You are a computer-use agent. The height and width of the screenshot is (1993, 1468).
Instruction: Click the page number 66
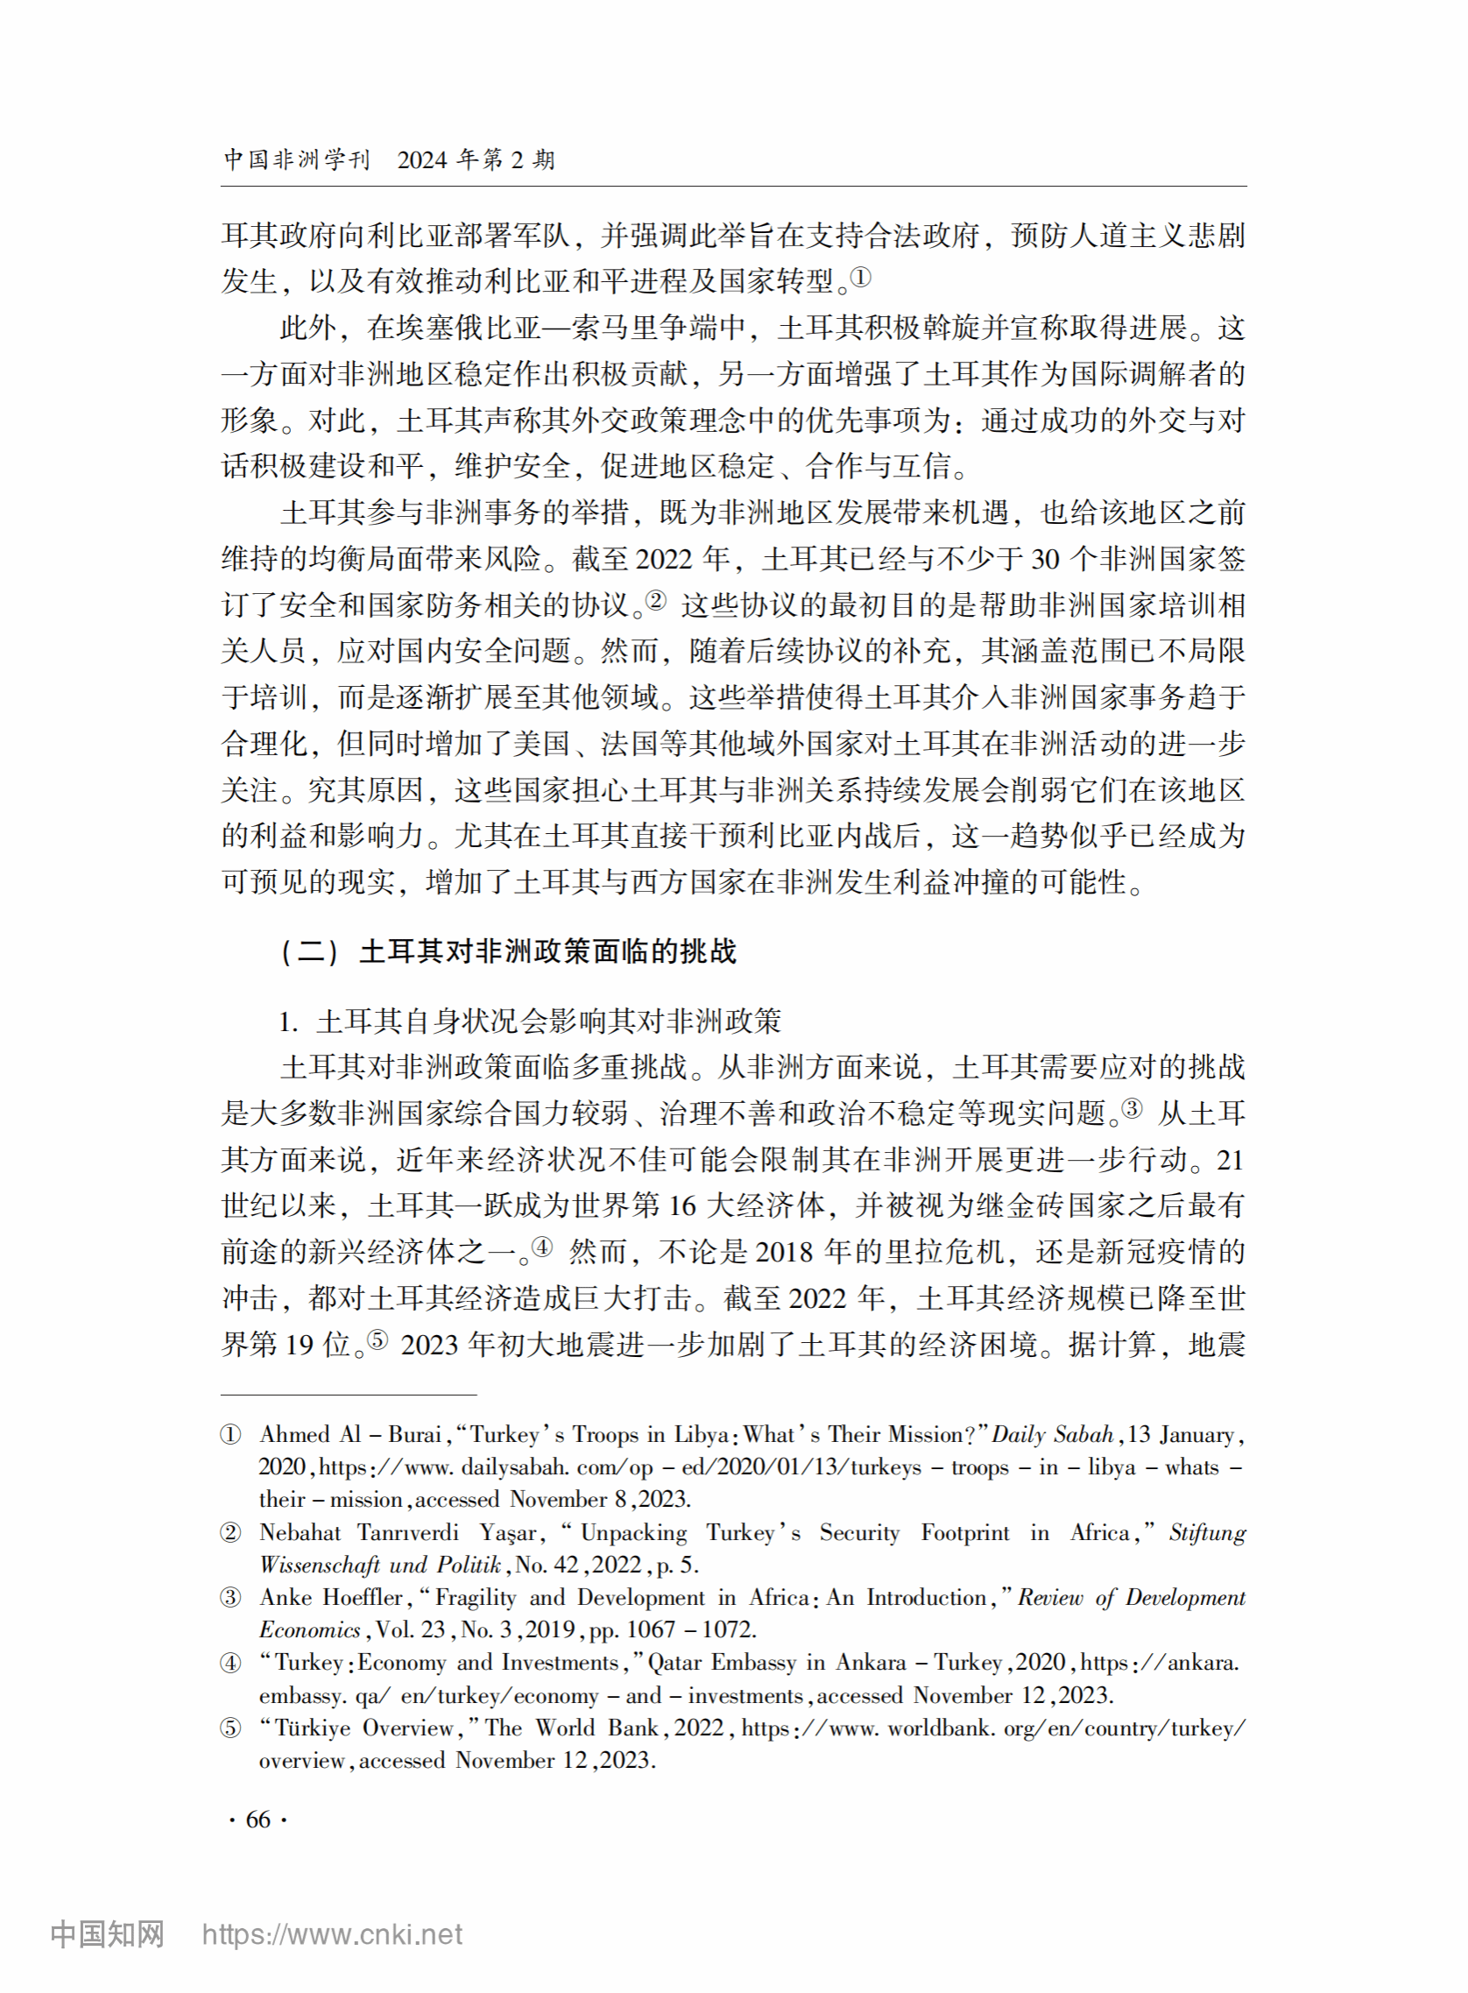(258, 1819)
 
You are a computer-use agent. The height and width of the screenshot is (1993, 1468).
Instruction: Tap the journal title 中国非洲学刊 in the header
(296, 160)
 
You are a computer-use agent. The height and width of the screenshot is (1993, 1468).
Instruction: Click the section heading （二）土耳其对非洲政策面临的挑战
(508, 951)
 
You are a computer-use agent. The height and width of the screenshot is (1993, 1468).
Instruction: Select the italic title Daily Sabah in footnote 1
(1052, 1434)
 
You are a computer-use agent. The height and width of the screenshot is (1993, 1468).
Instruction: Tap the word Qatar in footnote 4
(676, 1662)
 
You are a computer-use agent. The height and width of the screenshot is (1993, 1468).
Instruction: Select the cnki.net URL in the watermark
(332, 1933)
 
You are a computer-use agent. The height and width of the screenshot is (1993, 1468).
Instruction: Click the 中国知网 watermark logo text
(108, 1933)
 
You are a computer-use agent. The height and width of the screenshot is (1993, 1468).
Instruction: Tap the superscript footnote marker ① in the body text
(860, 278)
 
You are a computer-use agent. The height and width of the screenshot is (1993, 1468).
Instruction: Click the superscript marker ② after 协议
(656, 601)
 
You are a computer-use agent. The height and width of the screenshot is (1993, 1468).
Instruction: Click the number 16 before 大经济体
(681, 1205)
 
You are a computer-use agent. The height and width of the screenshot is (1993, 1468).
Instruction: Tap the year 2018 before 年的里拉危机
(784, 1252)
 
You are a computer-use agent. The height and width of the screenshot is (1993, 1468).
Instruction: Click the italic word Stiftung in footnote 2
(1207, 1532)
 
